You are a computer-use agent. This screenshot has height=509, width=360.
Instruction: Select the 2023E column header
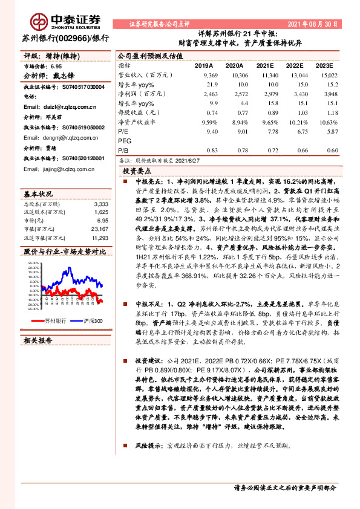pos(324,65)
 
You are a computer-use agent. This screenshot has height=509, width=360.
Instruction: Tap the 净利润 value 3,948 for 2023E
pos(325,94)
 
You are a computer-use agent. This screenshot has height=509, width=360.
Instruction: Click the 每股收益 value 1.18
pos(327,112)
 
